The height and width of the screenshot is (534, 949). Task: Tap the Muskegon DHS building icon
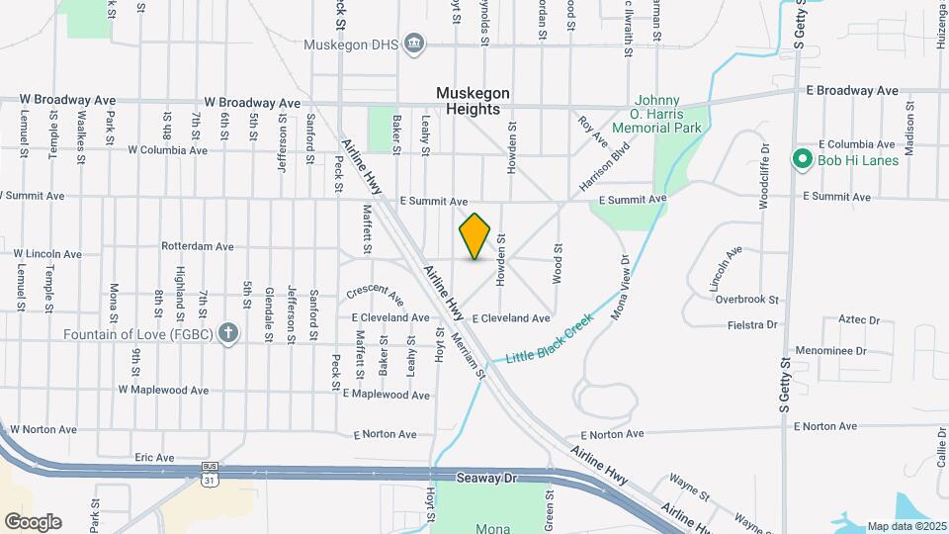click(414, 42)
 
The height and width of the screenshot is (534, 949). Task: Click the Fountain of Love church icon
click(228, 332)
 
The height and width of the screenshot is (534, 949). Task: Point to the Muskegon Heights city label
click(474, 101)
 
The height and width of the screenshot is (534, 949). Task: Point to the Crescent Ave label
click(376, 296)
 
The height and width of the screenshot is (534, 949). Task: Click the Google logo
click(33, 522)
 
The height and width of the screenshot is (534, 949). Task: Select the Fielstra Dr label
click(750, 324)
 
